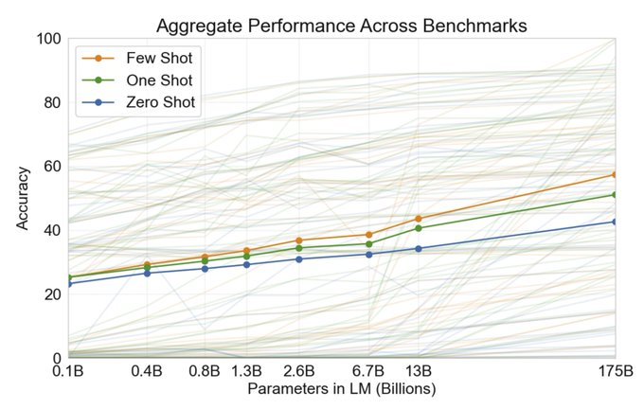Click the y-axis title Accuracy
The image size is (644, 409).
coord(23,199)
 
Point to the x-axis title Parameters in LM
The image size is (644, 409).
coord(342,388)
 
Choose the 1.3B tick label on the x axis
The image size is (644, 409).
coord(246,372)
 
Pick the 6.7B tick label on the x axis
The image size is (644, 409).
coord(368,372)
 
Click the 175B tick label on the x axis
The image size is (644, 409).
coord(615,372)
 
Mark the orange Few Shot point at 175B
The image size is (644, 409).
coord(615,174)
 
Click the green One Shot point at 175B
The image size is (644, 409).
coord(615,194)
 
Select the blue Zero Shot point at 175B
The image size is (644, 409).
coord(615,222)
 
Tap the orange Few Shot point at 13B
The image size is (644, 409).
coord(419,219)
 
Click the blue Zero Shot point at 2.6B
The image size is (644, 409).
coord(298,258)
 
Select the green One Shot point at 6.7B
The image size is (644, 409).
coord(368,243)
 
